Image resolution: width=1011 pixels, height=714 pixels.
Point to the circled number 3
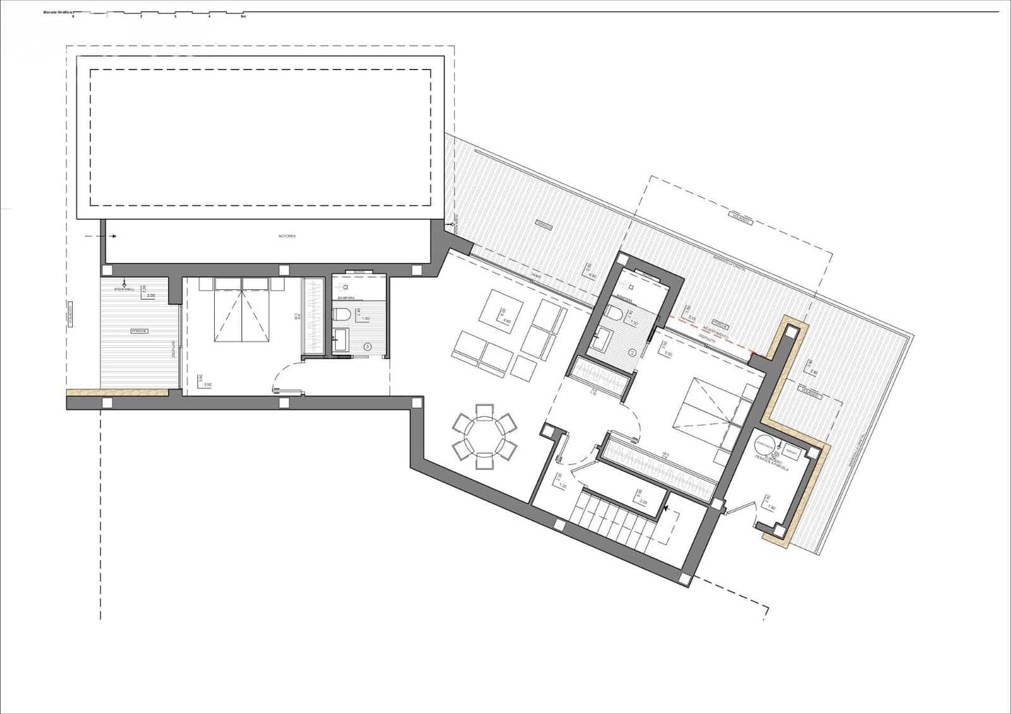click(x=368, y=347)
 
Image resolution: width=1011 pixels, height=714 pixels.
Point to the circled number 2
click(x=631, y=352)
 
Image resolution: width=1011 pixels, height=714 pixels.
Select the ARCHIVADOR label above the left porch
click(x=124, y=289)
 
